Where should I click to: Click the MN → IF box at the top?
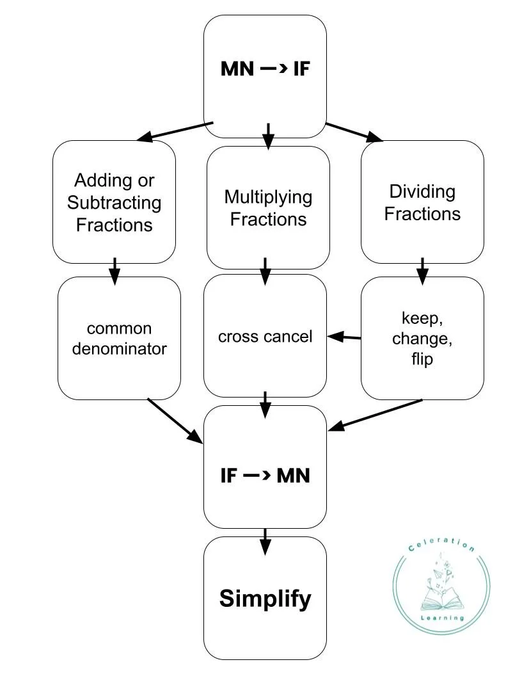pos(265,76)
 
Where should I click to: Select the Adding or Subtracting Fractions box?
pos(114,202)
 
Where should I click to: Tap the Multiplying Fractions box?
pos(268,207)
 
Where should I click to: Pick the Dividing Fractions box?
pos(422,202)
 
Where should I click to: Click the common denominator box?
pos(119,338)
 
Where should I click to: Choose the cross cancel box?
pos(265,337)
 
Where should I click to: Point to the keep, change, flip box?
pos(422,338)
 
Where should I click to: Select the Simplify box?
pos(265,598)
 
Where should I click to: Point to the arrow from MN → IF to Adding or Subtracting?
pos(175,131)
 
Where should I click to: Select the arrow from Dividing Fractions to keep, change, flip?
pos(422,270)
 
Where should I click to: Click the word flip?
pos(422,359)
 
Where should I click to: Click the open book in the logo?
pos(441,600)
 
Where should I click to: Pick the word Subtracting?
pos(114,204)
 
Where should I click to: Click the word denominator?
pos(119,349)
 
